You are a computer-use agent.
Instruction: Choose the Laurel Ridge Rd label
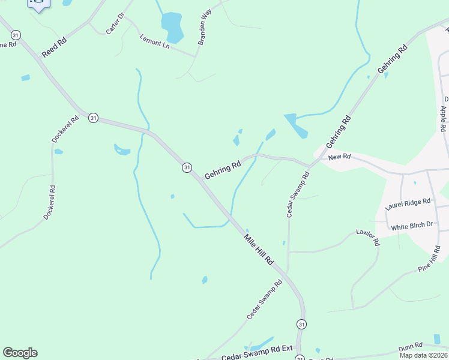pos(408,204)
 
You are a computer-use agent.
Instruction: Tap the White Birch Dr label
pos(412,226)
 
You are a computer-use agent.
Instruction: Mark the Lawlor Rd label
pos(368,237)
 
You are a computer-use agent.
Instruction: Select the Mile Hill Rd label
pos(259,250)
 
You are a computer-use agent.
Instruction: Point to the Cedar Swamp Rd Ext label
pos(257,355)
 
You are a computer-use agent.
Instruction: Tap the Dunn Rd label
pos(411,346)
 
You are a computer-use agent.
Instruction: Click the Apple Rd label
pos(443,119)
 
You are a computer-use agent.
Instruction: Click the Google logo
pos(20,353)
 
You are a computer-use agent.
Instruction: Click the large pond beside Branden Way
pos(172,27)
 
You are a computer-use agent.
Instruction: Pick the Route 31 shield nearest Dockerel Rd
pos(93,118)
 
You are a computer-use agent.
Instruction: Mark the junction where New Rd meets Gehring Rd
pos(310,166)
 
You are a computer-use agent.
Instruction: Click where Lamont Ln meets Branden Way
pos(195,56)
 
